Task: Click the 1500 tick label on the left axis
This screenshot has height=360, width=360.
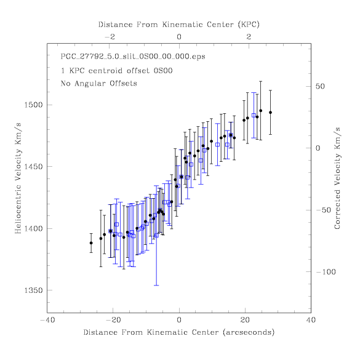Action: [33, 105]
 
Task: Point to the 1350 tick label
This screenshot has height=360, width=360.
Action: [33, 290]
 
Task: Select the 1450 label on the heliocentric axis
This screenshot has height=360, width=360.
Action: [33, 167]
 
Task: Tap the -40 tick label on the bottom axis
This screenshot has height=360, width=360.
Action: [47, 320]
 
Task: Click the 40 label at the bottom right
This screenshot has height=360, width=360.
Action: [311, 320]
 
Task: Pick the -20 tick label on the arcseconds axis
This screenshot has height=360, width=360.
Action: [113, 320]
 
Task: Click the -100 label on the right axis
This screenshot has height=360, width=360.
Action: [326, 272]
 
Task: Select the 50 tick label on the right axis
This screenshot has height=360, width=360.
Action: [320, 87]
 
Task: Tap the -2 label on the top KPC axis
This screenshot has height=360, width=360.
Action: [110, 37]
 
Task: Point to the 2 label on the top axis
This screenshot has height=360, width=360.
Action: [249, 37]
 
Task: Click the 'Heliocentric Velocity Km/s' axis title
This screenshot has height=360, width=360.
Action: [18, 178]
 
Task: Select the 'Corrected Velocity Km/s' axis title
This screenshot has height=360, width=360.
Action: [337, 178]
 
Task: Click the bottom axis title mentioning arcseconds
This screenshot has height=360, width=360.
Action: [179, 332]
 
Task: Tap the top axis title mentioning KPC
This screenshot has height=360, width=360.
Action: [179, 25]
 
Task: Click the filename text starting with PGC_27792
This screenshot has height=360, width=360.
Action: [133, 57]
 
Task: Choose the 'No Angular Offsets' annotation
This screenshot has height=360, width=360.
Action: [98, 83]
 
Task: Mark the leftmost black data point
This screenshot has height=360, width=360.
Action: [91, 243]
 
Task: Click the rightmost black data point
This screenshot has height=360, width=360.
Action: [270, 113]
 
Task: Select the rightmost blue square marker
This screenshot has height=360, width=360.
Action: [254, 115]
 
